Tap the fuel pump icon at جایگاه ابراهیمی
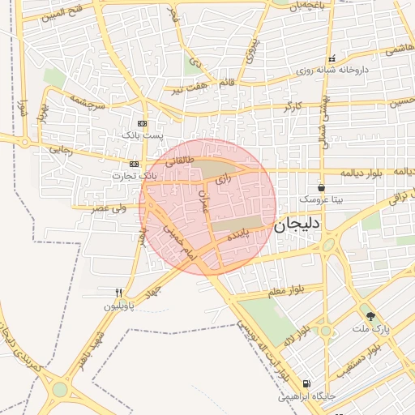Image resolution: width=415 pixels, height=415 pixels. [x=305, y=384]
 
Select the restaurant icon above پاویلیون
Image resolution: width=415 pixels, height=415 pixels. [x=118, y=293]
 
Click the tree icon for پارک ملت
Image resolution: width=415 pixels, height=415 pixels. [x=371, y=316]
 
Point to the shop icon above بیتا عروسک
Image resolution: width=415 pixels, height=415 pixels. [x=322, y=186]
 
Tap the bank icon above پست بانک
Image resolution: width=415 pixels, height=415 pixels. [x=143, y=123]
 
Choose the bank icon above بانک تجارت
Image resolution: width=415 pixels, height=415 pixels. [x=135, y=164]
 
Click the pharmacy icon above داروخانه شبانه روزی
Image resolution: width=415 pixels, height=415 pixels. [x=332, y=59]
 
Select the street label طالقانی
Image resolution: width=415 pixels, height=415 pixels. [x=180, y=161]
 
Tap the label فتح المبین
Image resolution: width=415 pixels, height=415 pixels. [x=58, y=12]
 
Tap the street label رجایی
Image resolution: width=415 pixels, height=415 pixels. [x=62, y=149]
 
